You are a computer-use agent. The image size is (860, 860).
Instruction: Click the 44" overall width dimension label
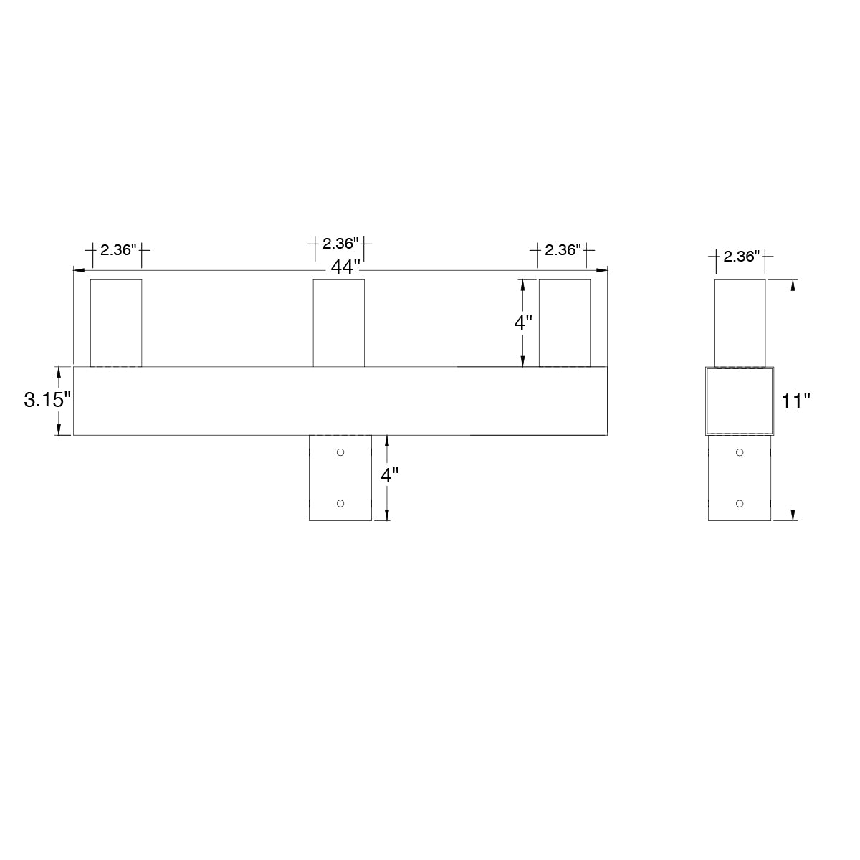pyautogui.click(x=345, y=267)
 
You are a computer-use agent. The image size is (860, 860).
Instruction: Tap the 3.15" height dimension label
pyautogui.click(x=47, y=400)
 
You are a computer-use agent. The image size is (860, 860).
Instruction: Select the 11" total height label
pyautogui.click(x=795, y=401)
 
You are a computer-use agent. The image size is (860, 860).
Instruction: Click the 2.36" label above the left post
pyautogui.click(x=118, y=250)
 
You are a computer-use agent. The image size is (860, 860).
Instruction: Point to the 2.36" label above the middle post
pyautogui.click(x=340, y=244)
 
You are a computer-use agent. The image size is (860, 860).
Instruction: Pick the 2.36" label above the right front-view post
pyautogui.click(x=563, y=250)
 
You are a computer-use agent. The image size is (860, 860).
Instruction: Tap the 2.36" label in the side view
pyautogui.click(x=741, y=256)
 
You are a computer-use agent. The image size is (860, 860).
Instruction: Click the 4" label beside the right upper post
pyautogui.click(x=523, y=322)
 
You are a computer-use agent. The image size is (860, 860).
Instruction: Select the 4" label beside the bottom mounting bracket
pyautogui.click(x=389, y=475)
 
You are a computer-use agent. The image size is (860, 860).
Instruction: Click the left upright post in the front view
pyautogui.click(x=116, y=323)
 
